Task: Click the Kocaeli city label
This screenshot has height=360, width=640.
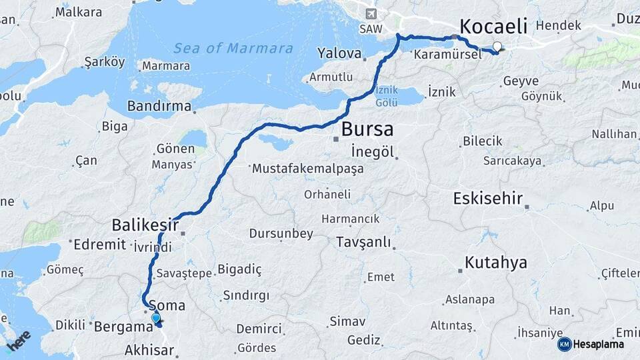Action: [493, 27]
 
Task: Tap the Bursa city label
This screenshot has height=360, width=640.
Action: [367, 129]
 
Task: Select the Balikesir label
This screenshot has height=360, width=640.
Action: [145, 225]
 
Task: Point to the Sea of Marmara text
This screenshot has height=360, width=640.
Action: [233, 48]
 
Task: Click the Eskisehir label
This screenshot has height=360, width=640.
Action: [487, 198]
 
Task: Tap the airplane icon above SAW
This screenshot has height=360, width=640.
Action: [371, 13]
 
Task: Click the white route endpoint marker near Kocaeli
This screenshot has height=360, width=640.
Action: [497, 47]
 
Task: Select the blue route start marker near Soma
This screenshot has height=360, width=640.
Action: [156, 319]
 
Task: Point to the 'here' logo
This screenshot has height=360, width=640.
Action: [19, 341]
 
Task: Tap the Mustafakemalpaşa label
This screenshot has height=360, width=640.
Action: [307, 169]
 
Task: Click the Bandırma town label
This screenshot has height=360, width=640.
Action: [159, 106]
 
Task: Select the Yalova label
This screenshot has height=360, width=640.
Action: [339, 53]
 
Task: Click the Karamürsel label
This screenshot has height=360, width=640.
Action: [447, 55]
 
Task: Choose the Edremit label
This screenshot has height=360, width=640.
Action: [100, 244]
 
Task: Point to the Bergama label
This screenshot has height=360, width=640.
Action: [123, 327]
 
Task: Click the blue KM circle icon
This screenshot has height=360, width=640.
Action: [564, 344]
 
